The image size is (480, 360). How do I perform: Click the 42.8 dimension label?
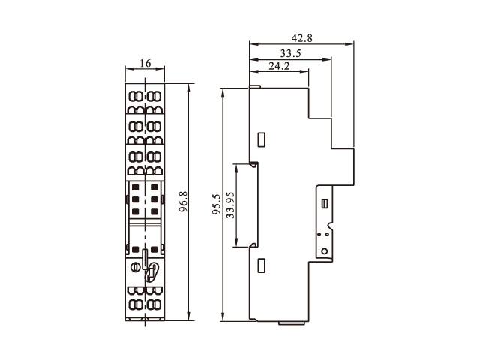pyautogui.click(x=301, y=38)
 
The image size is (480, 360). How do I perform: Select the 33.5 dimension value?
pyautogui.click(x=291, y=53)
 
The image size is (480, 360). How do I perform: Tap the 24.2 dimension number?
pyautogui.click(x=279, y=66)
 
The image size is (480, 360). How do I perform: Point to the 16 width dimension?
pyautogui.click(x=145, y=63)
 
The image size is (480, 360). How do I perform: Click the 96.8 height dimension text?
pyautogui.click(x=183, y=202)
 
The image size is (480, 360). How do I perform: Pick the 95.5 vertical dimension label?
pyautogui.click(x=217, y=204)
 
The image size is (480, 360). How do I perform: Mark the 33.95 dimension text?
pyautogui.click(x=230, y=205)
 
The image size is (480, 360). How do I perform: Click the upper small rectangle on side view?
pyautogui.click(x=261, y=139)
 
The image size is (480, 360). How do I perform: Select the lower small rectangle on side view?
pyautogui.click(x=261, y=265)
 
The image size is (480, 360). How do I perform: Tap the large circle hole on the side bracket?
pyautogui.click(x=324, y=251)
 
